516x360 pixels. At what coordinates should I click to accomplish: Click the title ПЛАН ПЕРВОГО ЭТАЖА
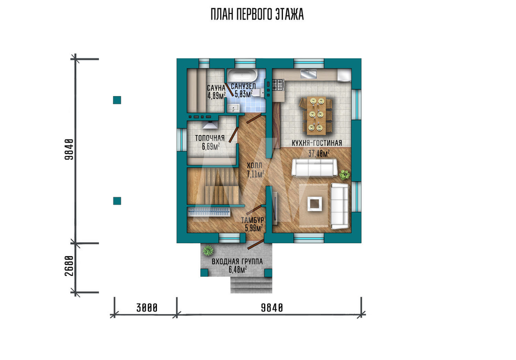pos(257,15)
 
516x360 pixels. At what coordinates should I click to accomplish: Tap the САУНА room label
pos(216,88)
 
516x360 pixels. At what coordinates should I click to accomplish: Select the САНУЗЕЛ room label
pos(243,86)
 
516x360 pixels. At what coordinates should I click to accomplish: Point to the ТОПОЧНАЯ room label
pos(209,138)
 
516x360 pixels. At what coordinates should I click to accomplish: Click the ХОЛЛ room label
pos(254,165)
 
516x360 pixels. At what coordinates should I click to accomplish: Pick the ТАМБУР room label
pos(252,220)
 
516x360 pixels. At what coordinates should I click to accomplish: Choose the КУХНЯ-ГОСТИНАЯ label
pos(317,143)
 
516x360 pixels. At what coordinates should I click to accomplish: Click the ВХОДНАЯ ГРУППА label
pos(237,261)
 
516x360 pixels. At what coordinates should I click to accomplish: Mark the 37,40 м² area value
pos(319,153)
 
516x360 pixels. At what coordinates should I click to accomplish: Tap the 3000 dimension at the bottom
pos(147,308)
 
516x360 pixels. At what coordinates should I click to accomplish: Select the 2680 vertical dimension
pos(69,265)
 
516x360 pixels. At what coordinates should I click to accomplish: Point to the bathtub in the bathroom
pos(243,75)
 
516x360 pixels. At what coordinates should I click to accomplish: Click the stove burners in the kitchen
pos(278,85)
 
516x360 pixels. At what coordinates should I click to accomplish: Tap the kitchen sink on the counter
pos(308,74)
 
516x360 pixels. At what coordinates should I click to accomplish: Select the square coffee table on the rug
pos(315,205)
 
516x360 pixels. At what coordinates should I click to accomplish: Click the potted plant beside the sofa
pos(345,175)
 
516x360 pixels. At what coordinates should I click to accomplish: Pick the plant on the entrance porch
pos(208,251)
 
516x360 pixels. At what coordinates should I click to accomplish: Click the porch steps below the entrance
pos(251,285)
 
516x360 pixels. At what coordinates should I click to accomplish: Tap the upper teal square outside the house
pos(117,100)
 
